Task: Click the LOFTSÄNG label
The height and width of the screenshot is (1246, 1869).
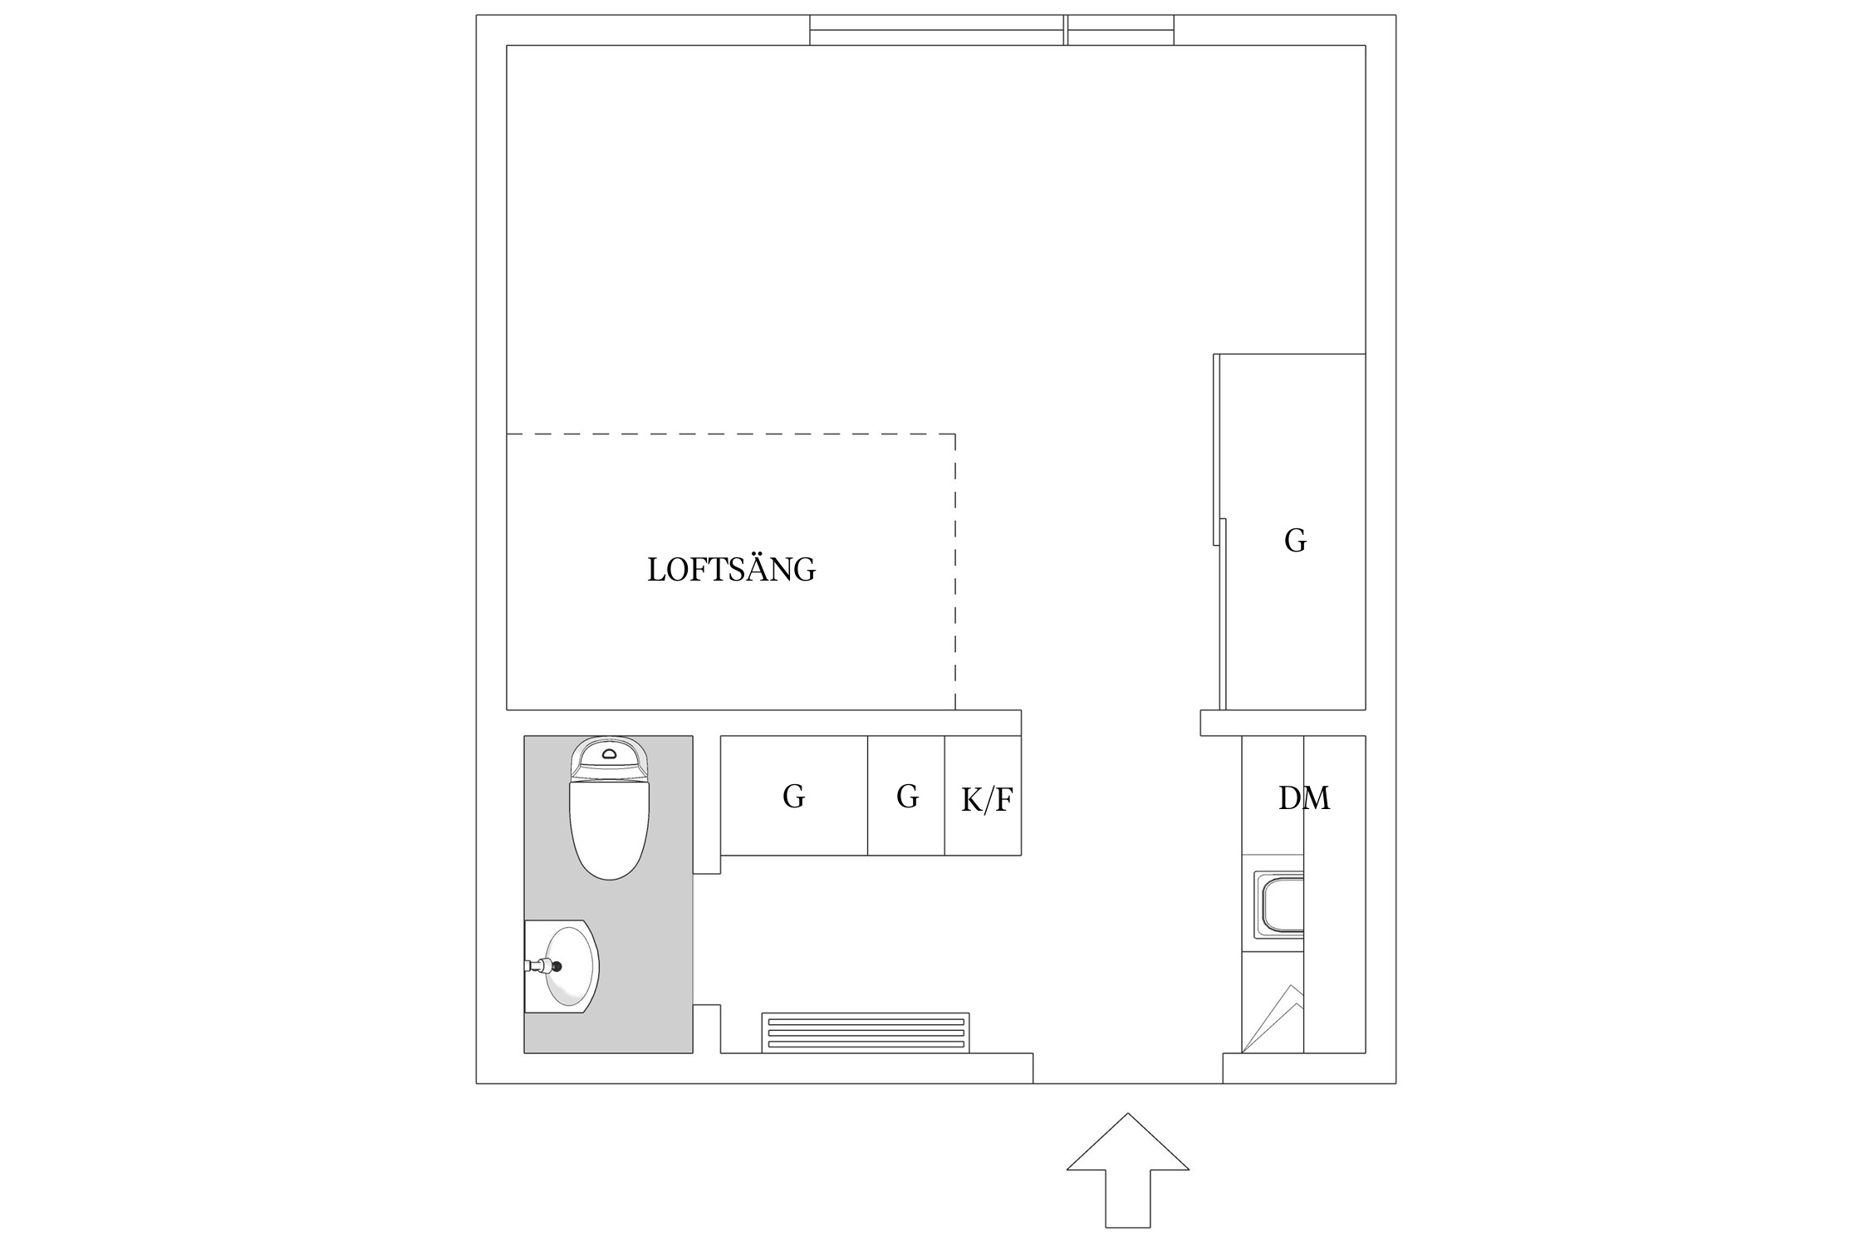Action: pos(731,570)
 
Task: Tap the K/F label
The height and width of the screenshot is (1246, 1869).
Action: pos(987,800)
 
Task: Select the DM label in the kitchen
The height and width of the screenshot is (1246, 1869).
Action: pos(1303,798)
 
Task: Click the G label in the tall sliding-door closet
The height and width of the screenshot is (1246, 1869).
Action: pos(1295,541)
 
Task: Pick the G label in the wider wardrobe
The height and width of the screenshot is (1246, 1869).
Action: pos(793,797)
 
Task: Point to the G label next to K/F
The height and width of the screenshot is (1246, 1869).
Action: pos(907,797)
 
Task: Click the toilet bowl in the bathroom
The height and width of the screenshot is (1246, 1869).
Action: pos(609,831)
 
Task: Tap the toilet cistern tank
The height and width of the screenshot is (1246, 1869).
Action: pos(609,758)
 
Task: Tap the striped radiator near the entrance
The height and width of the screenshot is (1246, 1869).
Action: pos(865,1033)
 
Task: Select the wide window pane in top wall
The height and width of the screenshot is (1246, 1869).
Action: pos(936,30)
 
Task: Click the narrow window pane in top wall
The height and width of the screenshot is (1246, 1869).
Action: pos(1120,30)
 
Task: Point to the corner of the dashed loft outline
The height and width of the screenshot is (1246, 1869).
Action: pos(954,434)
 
